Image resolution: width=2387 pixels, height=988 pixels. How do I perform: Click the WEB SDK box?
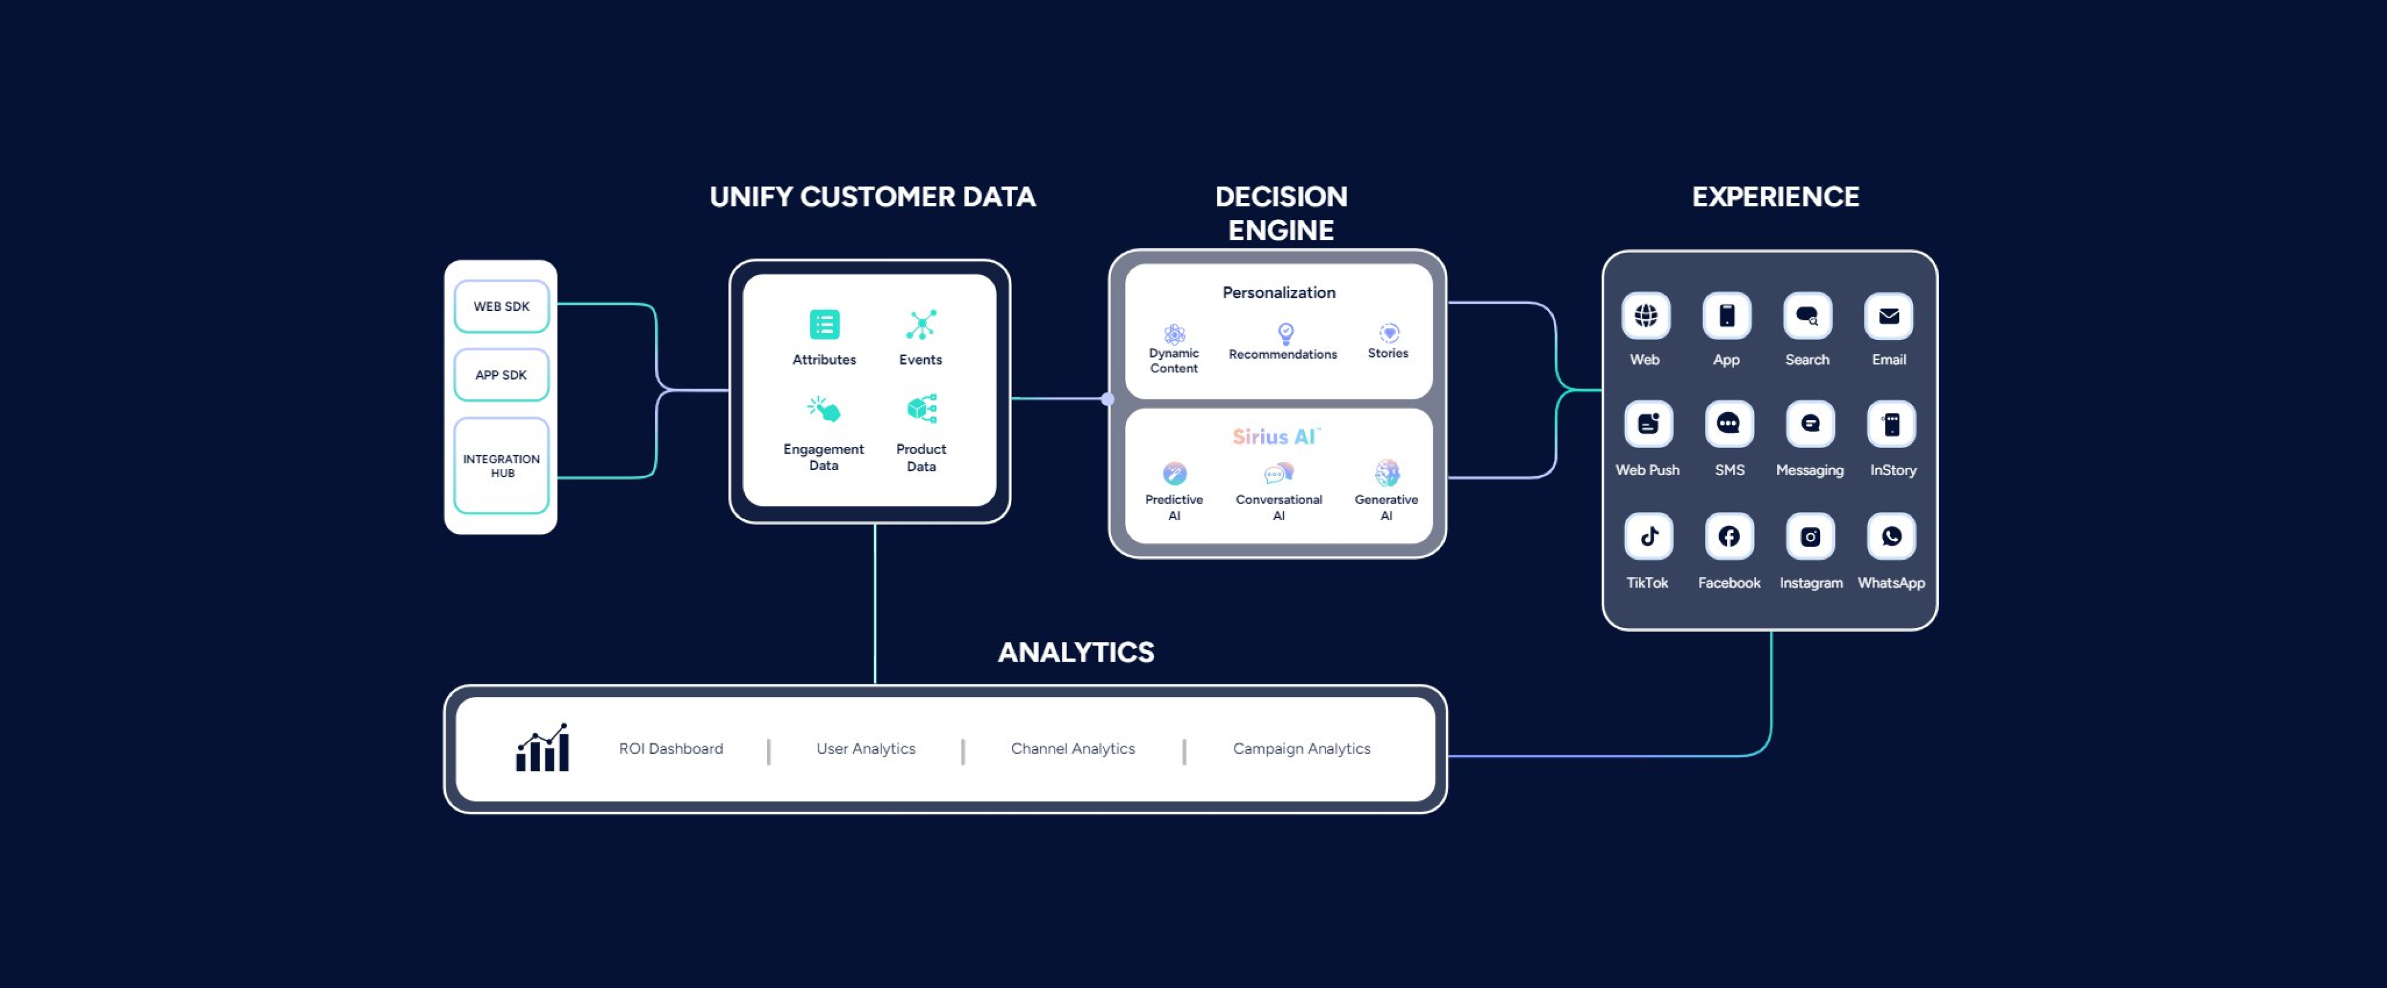[501, 306]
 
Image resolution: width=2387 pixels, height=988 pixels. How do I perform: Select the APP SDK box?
[501, 375]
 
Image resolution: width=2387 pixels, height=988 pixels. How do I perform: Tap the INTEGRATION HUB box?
[501, 465]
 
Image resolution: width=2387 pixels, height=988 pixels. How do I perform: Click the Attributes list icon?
[824, 325]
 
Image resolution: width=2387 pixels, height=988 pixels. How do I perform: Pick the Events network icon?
[921, 325]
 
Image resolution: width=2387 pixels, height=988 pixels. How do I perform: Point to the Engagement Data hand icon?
[824, 409]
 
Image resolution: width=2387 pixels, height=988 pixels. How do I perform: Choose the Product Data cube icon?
[921, 409]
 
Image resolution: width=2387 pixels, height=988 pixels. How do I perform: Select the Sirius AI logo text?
[1276, 437]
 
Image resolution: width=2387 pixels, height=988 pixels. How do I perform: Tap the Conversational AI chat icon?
[1278, 474]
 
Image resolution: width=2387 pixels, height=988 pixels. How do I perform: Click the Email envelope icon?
[1889, 316]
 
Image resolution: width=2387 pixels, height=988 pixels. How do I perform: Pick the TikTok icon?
[1648, 536]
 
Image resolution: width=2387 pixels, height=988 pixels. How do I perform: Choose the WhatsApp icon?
[1891, 536]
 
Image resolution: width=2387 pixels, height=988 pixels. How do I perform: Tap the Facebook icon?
[1729, 536]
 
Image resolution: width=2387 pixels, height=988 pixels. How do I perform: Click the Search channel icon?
[1807, 316]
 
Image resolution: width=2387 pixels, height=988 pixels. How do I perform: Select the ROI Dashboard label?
[671, 749]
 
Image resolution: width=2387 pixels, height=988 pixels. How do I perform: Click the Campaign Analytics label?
[1301, 749]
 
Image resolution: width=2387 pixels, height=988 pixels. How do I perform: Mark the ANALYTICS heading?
[1076, 653]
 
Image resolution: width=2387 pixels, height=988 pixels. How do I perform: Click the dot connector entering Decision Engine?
[1108, 400]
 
